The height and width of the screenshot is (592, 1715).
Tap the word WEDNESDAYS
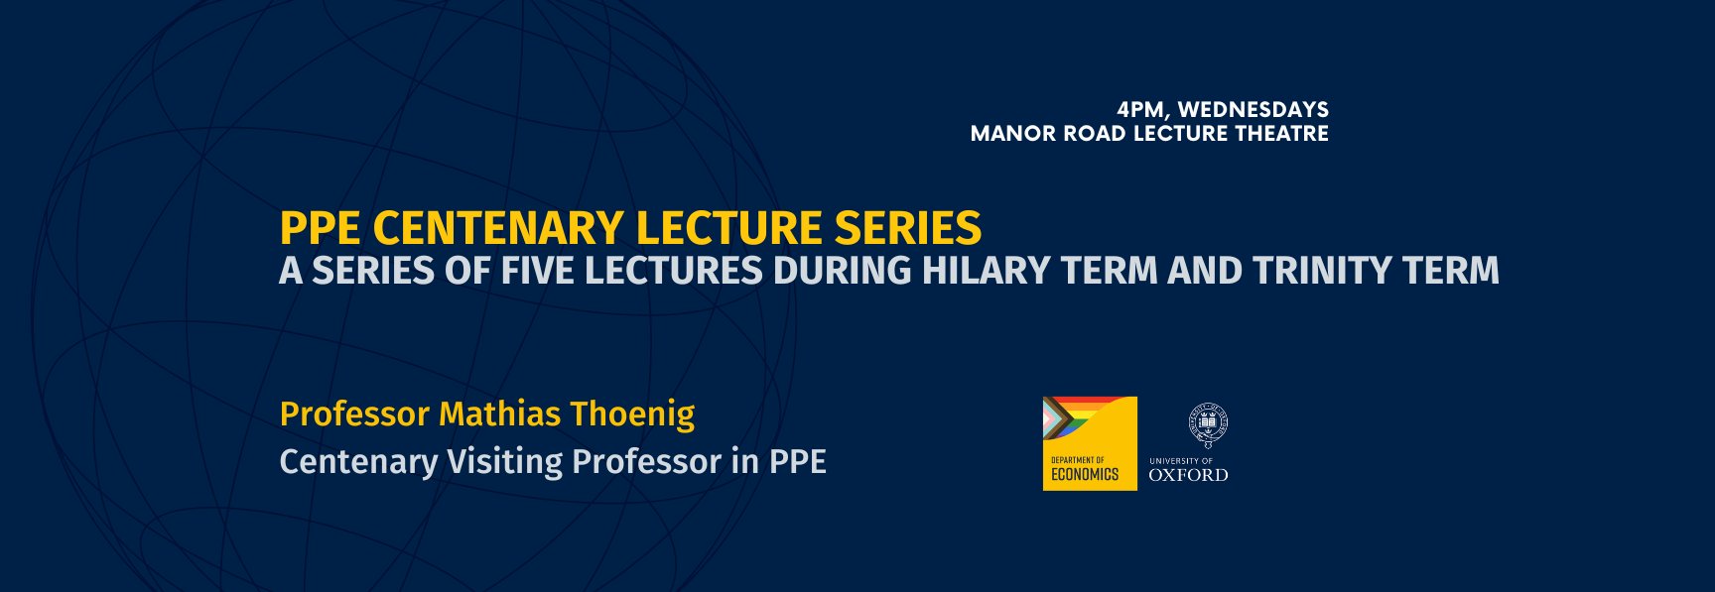pos(1253,110)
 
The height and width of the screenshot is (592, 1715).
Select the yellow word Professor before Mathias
pos(354,414)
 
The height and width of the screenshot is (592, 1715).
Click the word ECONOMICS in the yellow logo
pos(1085,475)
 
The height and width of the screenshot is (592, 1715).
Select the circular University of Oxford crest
pos(1208,424)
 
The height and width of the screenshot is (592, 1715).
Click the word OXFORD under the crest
pos(1188,475)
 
